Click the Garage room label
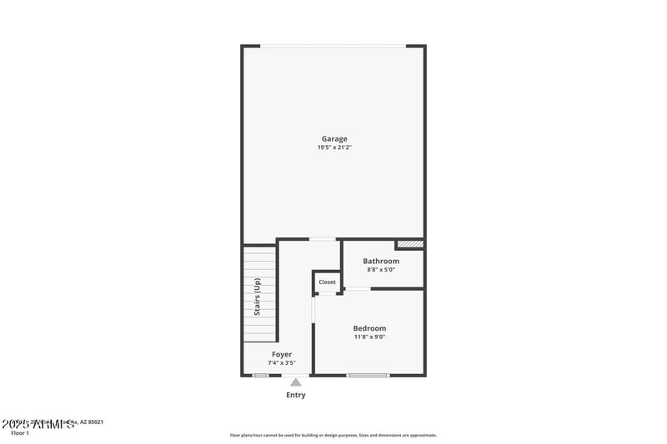[334, 138]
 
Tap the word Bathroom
[380, 261]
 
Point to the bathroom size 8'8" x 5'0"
[380, 270]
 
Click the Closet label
[327, 282]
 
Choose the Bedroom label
[369, 328]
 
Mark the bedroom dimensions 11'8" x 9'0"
[369, 337]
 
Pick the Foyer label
[282, 354]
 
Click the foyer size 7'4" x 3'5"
[282, 363]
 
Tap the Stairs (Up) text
[258, 296]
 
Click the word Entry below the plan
[296, 395]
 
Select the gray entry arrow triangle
[296, 382]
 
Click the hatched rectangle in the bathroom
[410, 244]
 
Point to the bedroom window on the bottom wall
[369, 376]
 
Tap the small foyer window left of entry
[261, 376]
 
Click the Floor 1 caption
[20, 433]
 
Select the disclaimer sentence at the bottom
[333, 435]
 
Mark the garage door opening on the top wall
[333, 46]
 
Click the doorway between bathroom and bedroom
[358, 289]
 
